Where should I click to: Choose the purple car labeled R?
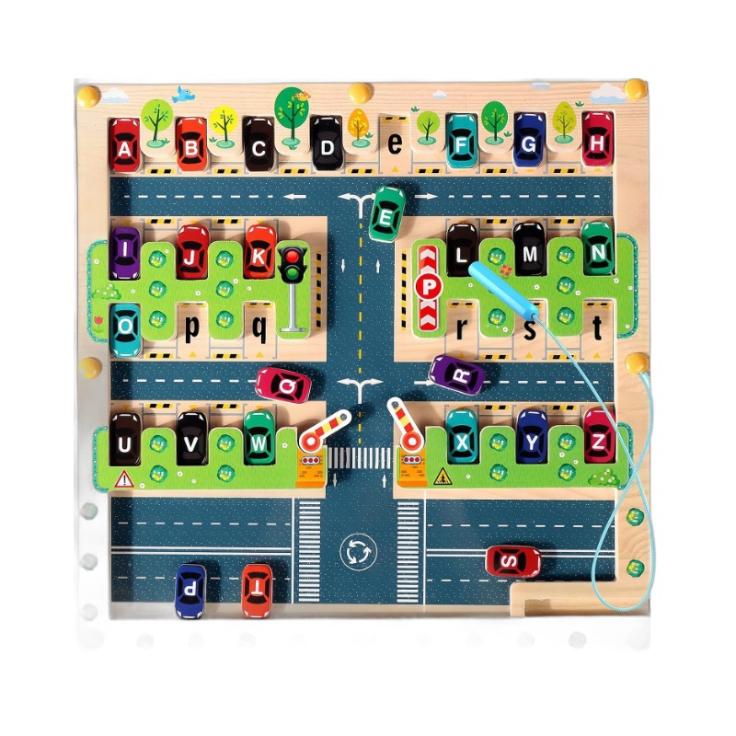(457, 374)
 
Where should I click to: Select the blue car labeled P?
(190, 589)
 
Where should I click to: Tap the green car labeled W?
(259, 437)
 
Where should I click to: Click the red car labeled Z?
(599, 435)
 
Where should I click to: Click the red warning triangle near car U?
(122, 478)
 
